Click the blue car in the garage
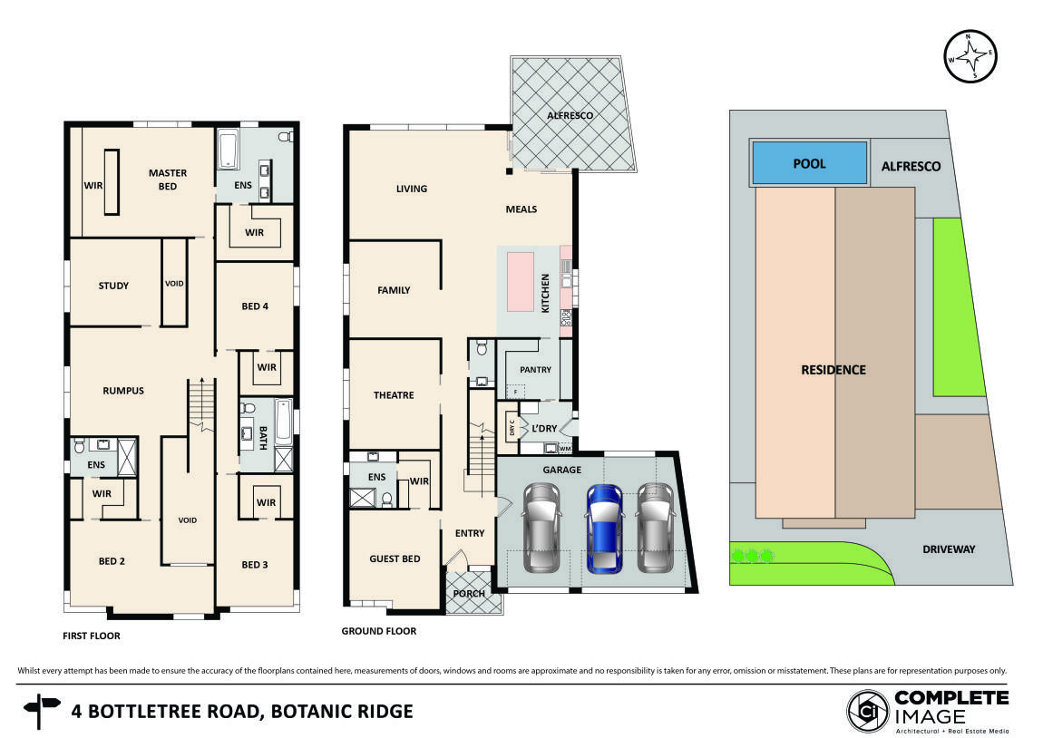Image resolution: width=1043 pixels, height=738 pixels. [602, 529]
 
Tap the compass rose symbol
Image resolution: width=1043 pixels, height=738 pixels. [970, 56]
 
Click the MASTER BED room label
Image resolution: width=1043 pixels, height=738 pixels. [168, 180]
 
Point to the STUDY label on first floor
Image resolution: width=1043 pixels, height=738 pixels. [113, 286]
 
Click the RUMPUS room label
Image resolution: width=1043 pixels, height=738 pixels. [123, 392]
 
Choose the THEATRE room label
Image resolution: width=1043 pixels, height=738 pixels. [394, 395]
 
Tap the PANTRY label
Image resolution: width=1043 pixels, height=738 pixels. [535, 370]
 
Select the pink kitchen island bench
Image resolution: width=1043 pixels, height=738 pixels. [520, 282]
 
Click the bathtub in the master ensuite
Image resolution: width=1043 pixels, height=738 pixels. [228, 150]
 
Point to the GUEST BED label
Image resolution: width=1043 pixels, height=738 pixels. [395, 559]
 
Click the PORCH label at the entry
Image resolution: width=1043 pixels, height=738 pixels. [470, 594]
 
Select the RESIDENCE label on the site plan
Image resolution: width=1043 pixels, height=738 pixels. [833, 370]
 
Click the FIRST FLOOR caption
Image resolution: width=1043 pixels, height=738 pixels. [91, 636]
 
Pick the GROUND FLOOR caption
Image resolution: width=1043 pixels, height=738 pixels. [379, 631]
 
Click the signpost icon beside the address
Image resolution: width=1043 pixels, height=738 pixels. [41, 711]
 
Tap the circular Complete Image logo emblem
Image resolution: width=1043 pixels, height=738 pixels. [867, 711]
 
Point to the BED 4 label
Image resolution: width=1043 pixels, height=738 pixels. [255, 306]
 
